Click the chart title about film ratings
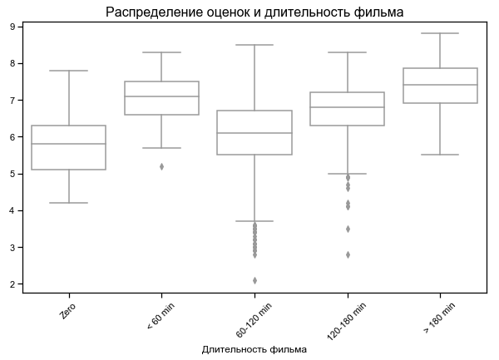click(x=254, y=12)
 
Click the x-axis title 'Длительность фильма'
click(x=254, y=350)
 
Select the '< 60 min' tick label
click(x=160, y=316)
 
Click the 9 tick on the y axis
click(x=13, y=27)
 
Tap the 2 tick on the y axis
click(x=13, y=284)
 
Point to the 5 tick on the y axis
click(x=13, y=174)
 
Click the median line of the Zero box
click(x=69, y=144)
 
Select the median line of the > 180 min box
click(x=440, y=85)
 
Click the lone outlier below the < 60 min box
click(x=161, y=166)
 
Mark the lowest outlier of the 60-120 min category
click(x=254, y=280)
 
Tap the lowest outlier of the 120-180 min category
click(x=347, y=254)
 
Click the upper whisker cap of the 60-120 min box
click(x=254, y=45)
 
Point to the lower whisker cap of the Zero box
click(x=69, y=203)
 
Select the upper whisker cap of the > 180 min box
click(x=440, y=33)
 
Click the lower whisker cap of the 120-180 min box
click(x=347, y=174)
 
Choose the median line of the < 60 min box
click(x=161, y=96)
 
